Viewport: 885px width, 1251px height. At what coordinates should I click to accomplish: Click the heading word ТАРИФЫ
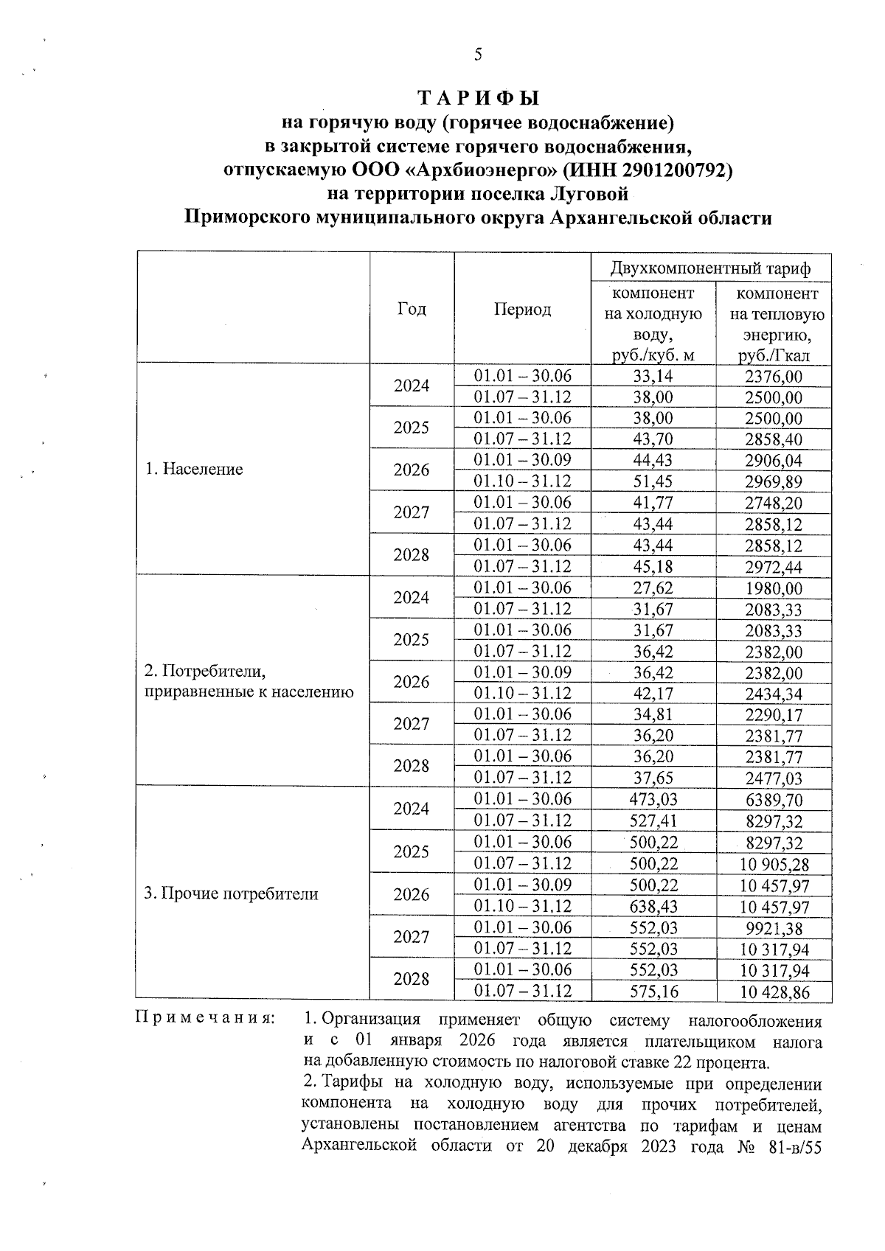(x=479, y=98)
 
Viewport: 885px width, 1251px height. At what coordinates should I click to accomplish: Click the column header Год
(x=412, y=309)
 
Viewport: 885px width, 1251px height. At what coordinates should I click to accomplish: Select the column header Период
(x=522, y=310)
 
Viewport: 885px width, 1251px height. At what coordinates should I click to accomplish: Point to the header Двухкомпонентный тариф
(x=710, y=268)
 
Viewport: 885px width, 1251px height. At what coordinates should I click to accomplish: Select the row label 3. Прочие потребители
(x=231, y=894)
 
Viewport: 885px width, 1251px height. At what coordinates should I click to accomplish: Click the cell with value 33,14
(x=653, y=376)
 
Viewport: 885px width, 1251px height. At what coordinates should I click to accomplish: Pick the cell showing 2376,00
(x=773, y=377)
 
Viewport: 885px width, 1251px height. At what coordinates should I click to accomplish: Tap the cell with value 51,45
(x=653, y=481)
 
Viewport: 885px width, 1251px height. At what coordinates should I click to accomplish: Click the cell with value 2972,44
(x=773, y=567)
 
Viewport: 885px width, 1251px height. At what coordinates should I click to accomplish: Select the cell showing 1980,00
(x=773, y=588)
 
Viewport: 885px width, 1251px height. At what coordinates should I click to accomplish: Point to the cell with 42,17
(x=653, y=694)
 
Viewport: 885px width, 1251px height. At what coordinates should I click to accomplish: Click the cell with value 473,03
(x=653, y=800)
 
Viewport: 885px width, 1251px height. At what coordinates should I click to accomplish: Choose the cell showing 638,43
(x=653, y=906)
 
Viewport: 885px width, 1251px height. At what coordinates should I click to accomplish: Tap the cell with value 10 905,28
(x=773, y=864)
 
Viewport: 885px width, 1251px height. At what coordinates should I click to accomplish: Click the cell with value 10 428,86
(x=773, y=992)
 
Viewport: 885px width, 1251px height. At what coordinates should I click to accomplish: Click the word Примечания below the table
(x=205, y=1019)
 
